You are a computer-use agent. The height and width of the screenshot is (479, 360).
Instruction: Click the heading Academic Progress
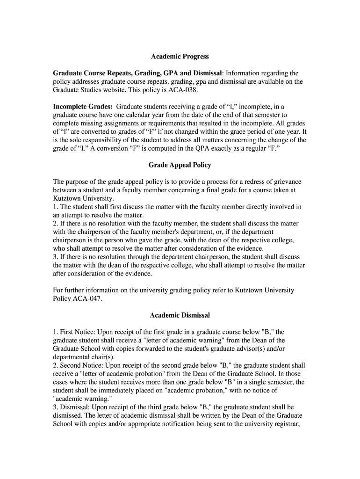[x=180, y=57]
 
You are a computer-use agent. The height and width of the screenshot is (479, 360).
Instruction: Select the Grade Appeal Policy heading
[x=180, y=165]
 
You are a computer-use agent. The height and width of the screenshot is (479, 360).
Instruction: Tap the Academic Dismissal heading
[x=180, y=315]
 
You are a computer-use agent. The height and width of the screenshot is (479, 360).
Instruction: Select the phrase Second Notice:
[x=81, y=365]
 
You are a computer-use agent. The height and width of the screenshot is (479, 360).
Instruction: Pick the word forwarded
[x=168, y=348]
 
